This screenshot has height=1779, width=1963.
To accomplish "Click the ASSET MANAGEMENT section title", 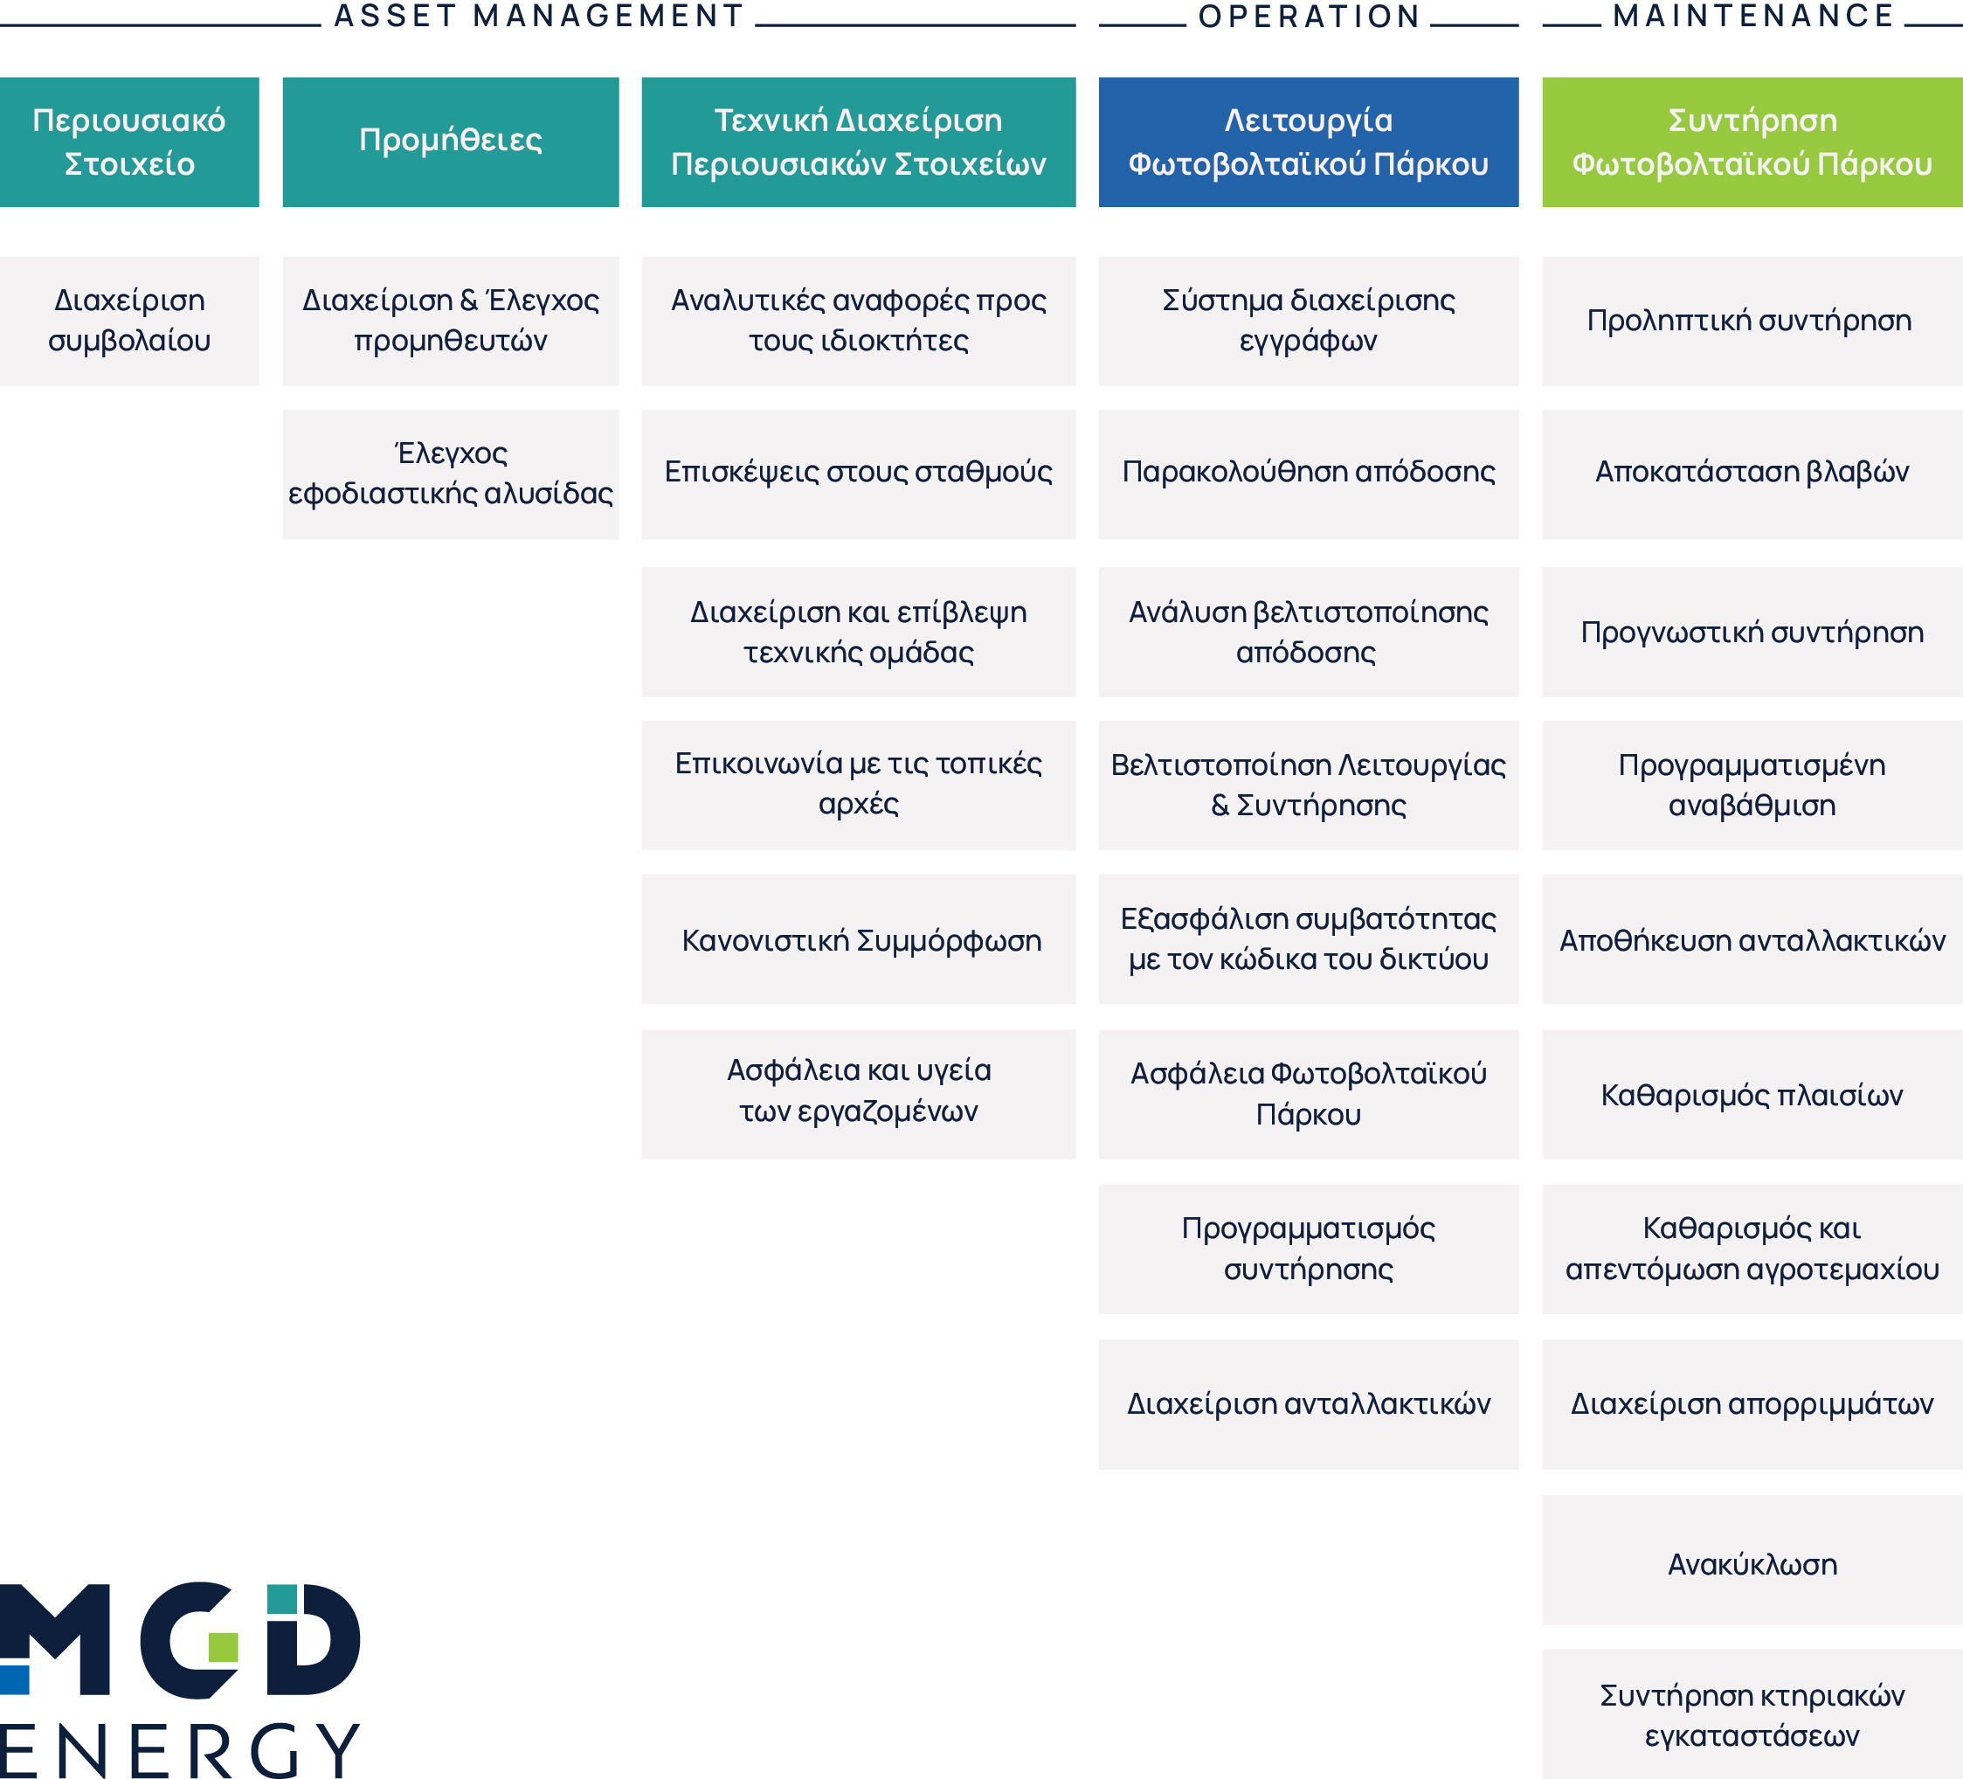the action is (x=538, y=16).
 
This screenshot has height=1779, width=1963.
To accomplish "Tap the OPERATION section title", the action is (x=1309, y=16).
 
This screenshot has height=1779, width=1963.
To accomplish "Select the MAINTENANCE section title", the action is (x=1752, y=16).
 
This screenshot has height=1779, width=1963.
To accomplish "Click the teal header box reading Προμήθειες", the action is (x=451, y=142).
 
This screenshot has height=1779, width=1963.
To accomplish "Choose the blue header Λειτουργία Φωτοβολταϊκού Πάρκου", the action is (x=1309, y=142).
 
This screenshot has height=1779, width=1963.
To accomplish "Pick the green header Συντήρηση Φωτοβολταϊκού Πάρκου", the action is (x=1752, y=142).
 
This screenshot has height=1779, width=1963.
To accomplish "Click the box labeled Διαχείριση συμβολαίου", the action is (x=129, y=322).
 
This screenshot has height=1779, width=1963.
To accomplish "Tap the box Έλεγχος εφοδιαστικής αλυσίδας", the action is (x=451, y=474).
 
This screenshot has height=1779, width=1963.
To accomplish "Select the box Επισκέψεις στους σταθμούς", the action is (x=859, y=474).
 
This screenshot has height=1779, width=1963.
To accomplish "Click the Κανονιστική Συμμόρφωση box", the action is (x=859, y=939).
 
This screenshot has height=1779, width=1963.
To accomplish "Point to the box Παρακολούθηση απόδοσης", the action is (x=1309, y=474).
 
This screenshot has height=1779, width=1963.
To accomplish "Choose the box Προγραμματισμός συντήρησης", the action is (x=1309, y=1249).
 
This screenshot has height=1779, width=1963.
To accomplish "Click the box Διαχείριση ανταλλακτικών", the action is (x=1309, y=1404).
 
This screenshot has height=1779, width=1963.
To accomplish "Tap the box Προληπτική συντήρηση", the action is (x=1752, y=322).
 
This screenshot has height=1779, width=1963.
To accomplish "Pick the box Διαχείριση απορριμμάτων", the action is (x=1752, y=1404).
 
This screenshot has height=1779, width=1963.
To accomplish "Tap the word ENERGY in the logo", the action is (x=179, y=1751).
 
